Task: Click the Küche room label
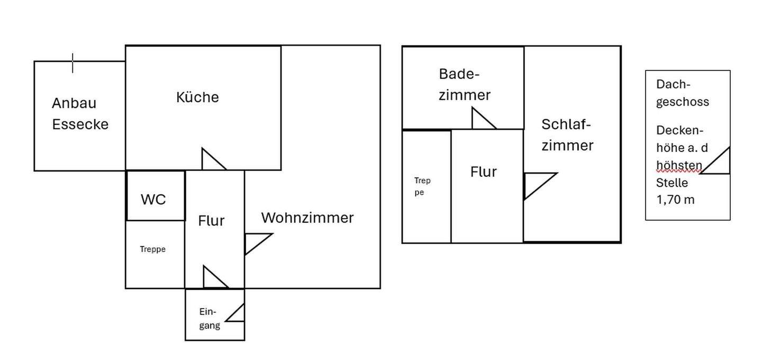(x=197, y=97)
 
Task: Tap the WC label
(x=153, y=200)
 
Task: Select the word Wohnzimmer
(x=307, y=218)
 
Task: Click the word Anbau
(x=74, y=103)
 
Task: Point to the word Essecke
(x=80, y=124)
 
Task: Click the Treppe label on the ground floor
(x=153, y=249)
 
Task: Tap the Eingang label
(x=210, y=319)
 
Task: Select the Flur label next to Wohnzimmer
(x=212, y=221)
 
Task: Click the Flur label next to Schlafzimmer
(x=484, y=172)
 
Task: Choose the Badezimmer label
(x=464, y=85)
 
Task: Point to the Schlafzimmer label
(x=567, y=135)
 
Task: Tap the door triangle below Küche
(x=211, y=161)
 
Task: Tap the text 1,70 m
(x=675, y=200)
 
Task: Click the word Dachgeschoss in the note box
(x=682, y=93)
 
